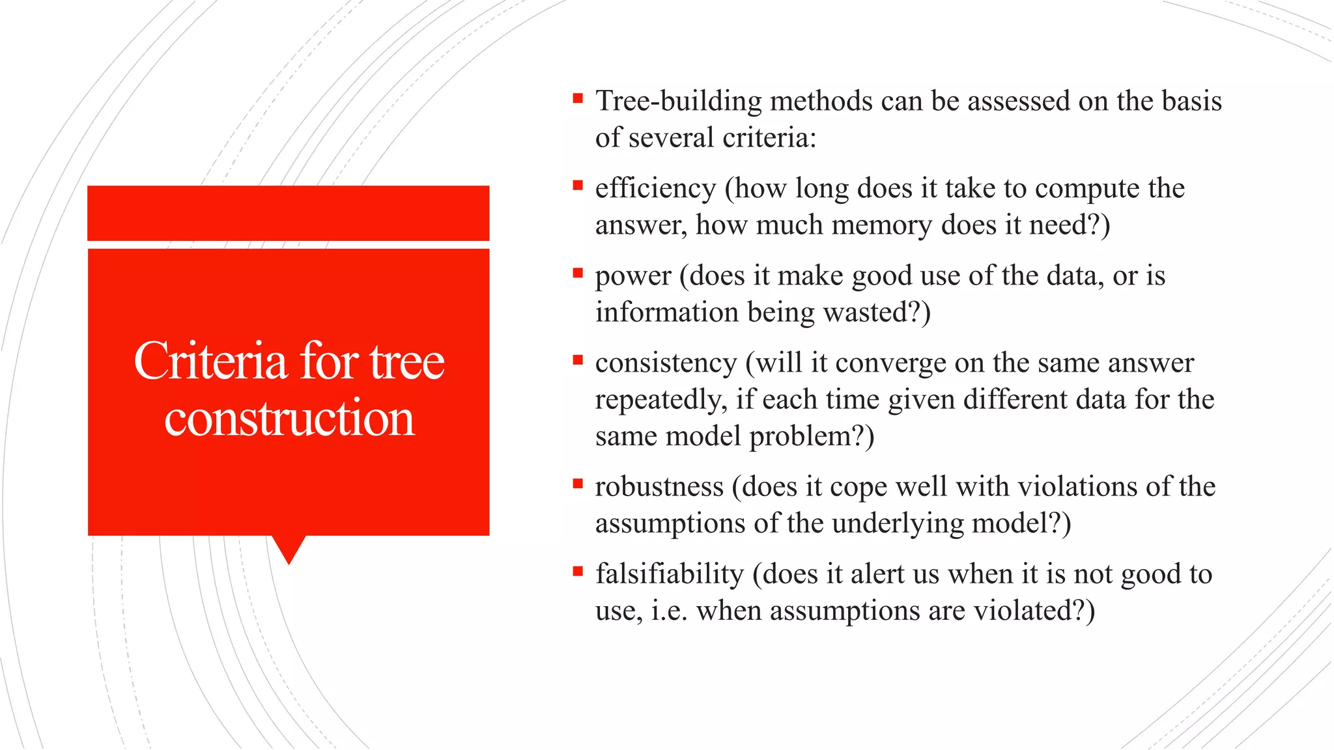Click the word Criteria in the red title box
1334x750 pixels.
point(210,361)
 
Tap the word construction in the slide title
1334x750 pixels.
point(289,418)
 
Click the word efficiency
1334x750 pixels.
point(655,189)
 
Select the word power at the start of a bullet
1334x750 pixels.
point(632,277)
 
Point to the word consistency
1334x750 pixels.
point(666,363)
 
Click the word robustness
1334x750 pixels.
point(659,487)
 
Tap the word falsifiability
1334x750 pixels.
point(669,574)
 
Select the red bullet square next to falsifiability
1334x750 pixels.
point(577,572)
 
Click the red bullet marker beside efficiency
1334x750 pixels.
point(577,186)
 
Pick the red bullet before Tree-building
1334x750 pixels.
point(577,98)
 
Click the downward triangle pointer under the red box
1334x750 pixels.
point(289,548)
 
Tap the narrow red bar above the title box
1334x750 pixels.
point(288,213)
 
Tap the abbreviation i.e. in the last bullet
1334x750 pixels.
point(669,611)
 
